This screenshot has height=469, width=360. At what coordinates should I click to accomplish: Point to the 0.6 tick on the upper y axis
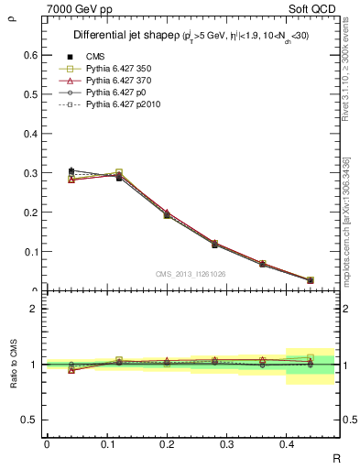pos(30,55)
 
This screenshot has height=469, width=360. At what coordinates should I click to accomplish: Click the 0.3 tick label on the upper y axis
pos(30,173)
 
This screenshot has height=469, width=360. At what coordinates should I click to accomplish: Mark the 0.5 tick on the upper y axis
pos(30,94)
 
